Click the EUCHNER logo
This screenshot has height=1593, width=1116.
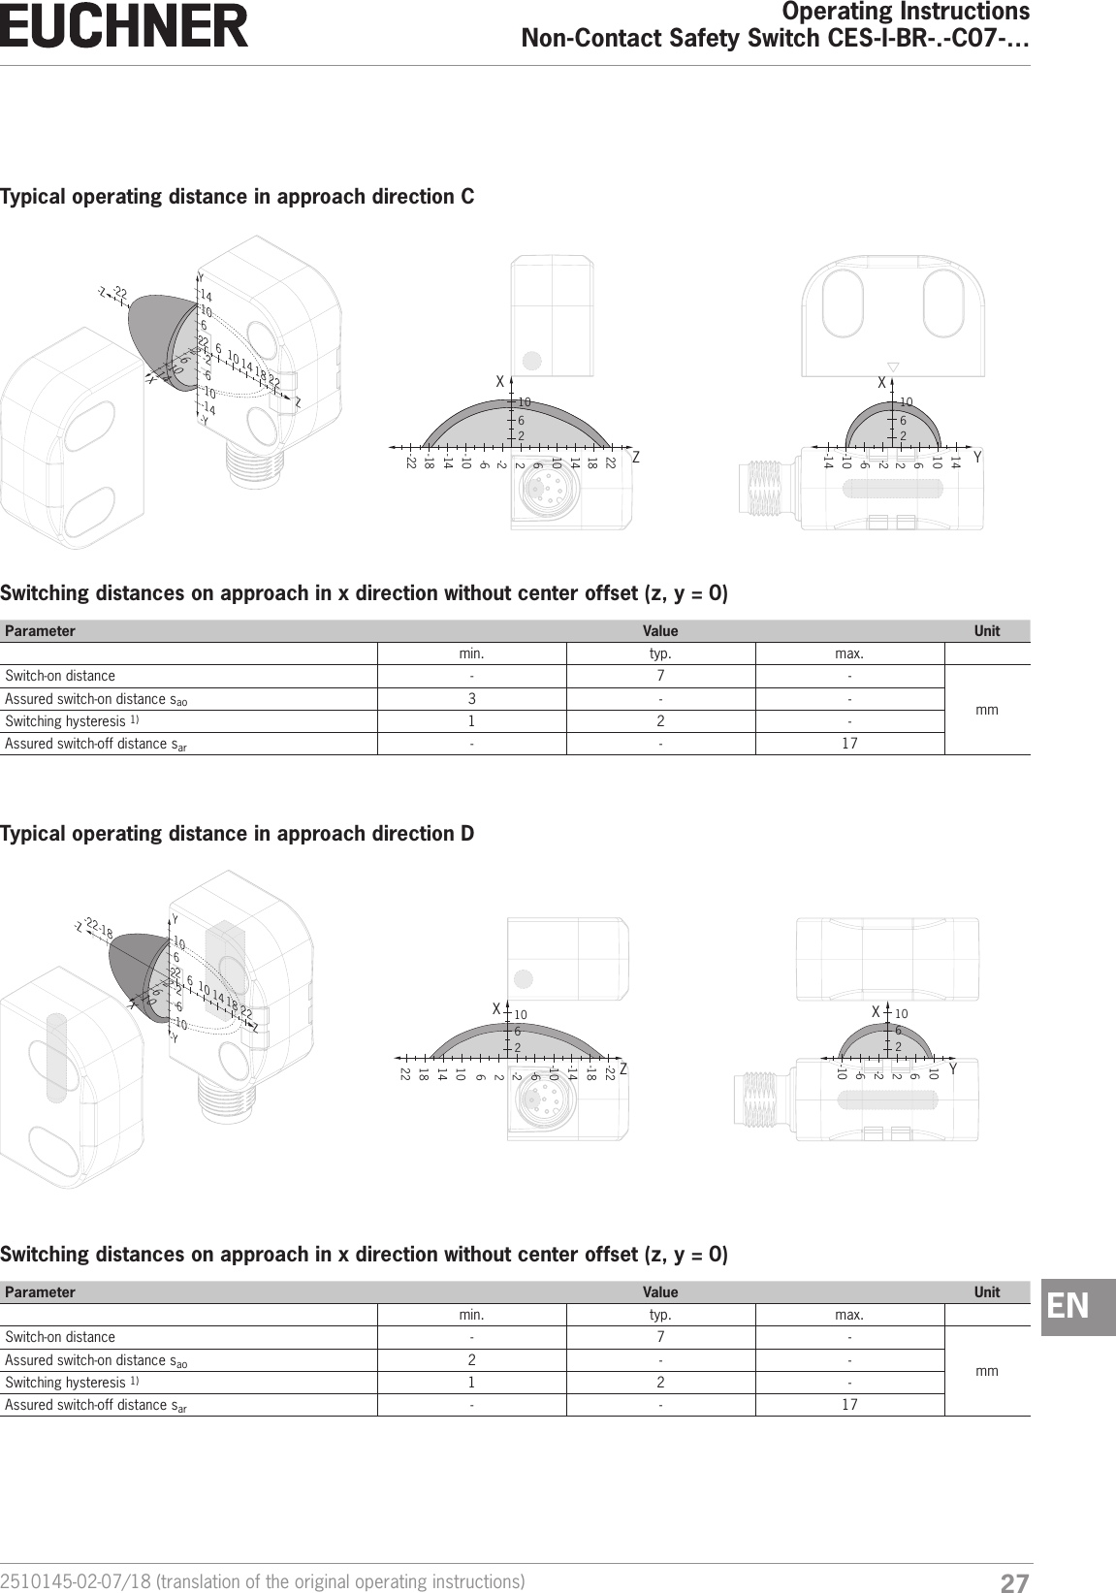pyautogui.click(x=124, y=26)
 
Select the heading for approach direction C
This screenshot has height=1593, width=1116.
pyautogui.click(x=238, y=197)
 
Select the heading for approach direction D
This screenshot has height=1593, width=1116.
pyautogui.click(x=238, y=834)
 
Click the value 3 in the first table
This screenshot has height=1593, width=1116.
pyautogui.click(x=471, y=699)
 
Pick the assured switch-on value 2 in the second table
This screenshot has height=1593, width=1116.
pyautogui.click(x=471, y=1360)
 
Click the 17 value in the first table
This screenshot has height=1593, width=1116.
pyautogui.click(x=849, y=744)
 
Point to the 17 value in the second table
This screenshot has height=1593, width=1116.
pyautogui.click(x=849, y=1405)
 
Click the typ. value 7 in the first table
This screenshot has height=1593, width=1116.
pyautogui.click(x=660, y=676)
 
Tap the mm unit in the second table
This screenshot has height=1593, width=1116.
pyautogui.click(x=987, y=1371)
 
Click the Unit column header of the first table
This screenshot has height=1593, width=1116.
pyautogui.click(x=987, y=631)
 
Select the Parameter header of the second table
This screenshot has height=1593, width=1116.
pyautogui.click(x=40, y=1292)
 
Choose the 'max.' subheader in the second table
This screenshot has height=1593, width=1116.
pyautogui.click(x=849, y=1316)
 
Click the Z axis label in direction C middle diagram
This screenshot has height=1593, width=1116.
pyautogui.click(x=636, y=458)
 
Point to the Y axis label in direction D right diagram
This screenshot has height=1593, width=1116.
pyautogui.click(x=954, y=1069)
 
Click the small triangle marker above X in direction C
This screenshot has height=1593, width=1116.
pyautogui.click(x=894, y=366)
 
